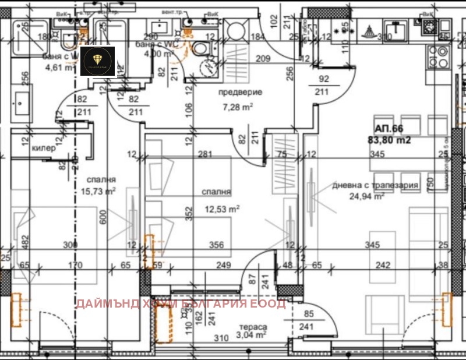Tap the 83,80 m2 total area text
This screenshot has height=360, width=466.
[x=389, y=140]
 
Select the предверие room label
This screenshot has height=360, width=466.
[x=241, y=93]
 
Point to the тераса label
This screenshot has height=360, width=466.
[x=252, y=327]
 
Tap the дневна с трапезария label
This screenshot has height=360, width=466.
[x=375, y=185]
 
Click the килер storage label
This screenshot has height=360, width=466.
[x=44, y=148]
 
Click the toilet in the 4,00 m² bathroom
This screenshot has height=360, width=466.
[x=201, y=50]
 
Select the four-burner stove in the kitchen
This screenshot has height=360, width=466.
[x=440, y=57]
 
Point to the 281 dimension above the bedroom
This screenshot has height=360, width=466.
[x=204, y=154]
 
